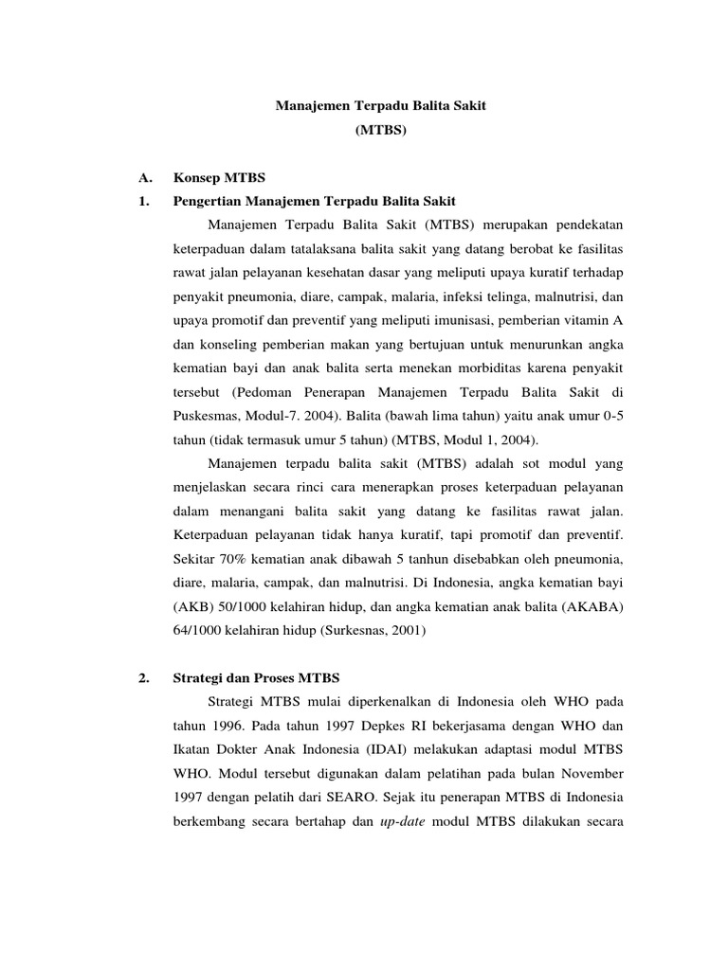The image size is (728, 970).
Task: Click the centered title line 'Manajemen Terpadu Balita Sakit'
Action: (380, 106)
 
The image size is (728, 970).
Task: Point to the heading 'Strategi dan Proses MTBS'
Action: (256, 678)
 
